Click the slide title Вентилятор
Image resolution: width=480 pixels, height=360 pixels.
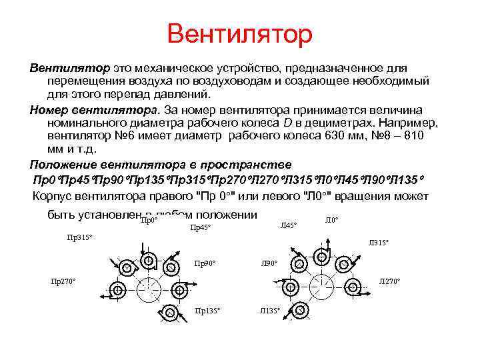click(x=239, y=34)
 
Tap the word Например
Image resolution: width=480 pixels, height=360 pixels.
click(x=408, y=123)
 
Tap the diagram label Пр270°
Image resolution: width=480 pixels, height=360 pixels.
click(x=64, y=281)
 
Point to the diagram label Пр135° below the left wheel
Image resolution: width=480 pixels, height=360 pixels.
click(x=207, y=311)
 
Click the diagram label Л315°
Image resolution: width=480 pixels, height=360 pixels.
click(x=378, y=243)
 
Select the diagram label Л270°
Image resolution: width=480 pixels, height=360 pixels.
click(x=389, y=281)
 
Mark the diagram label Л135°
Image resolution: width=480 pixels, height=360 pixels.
click(x=269, y=311)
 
